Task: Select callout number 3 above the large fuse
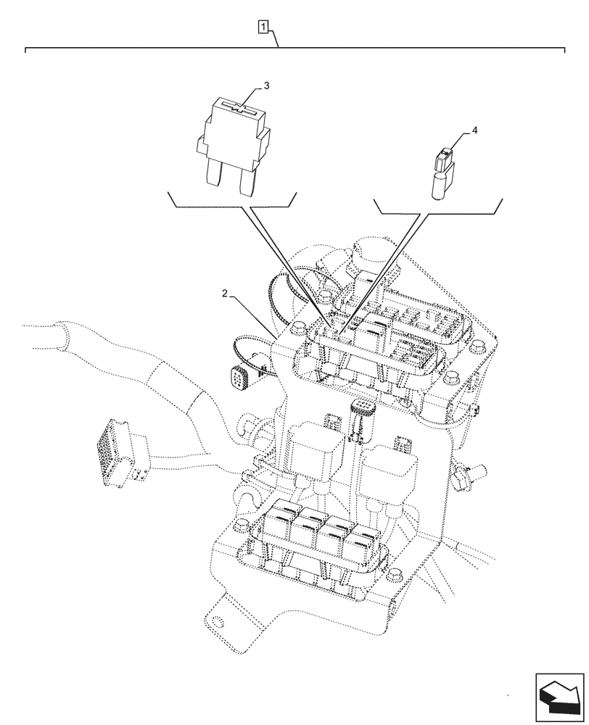point(266,86)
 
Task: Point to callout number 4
point(474,130)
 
